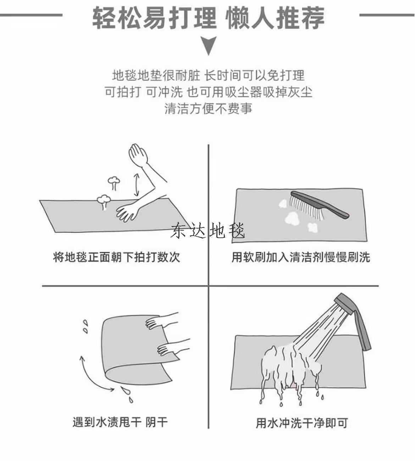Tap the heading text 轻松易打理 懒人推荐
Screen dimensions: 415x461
point(209,18)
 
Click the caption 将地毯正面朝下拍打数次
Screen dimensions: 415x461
point(116,257)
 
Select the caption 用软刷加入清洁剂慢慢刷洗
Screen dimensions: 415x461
point(301,257)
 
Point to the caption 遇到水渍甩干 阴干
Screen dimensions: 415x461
point(120,422)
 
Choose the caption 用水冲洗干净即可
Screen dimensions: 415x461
point(301,423)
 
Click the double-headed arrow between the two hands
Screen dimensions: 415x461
point(137,185)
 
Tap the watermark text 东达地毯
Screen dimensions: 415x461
point(208,230)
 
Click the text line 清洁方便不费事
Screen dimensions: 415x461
point(208,108)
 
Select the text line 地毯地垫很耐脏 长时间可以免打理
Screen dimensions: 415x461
point(209,75)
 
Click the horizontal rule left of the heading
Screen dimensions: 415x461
point(31,15)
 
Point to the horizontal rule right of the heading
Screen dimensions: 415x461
point(387,15)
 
